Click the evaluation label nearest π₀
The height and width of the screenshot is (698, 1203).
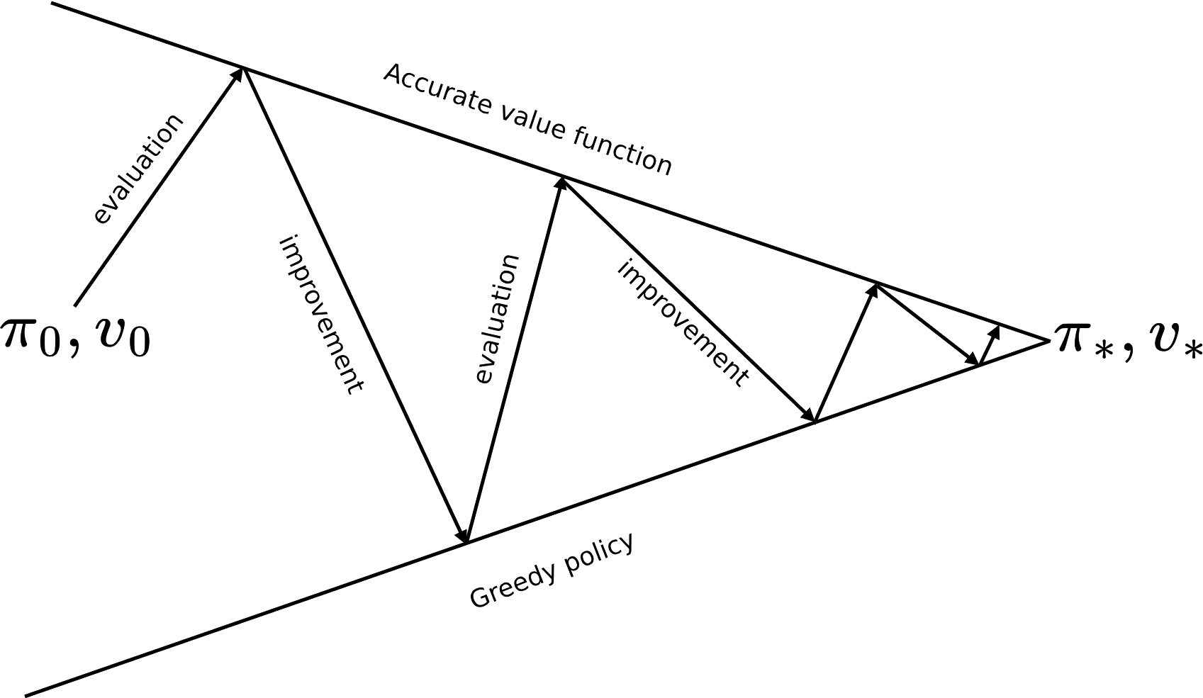coord(138,169)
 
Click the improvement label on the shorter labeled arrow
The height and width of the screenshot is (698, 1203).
coord(683,323)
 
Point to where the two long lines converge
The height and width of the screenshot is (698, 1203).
coord(1048,341)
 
